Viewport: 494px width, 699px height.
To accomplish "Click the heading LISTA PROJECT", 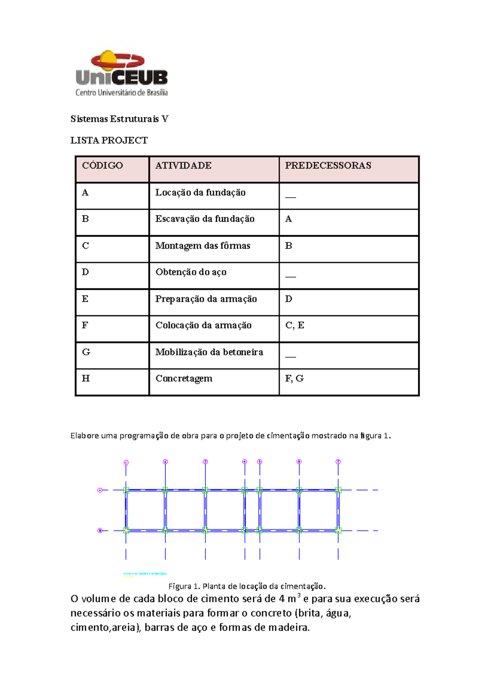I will [109, 140].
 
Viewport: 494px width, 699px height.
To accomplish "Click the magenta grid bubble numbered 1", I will [126, 462].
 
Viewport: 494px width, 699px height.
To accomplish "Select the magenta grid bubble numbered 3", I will [205, 461].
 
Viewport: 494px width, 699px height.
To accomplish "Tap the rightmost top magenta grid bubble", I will [338, 461].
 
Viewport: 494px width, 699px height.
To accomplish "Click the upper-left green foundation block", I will [126, 490].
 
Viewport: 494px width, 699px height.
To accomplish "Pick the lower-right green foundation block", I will [338, 530].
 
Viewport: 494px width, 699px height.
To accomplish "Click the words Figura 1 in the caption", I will [183, 586].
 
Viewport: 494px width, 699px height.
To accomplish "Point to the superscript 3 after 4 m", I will [298, 595].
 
